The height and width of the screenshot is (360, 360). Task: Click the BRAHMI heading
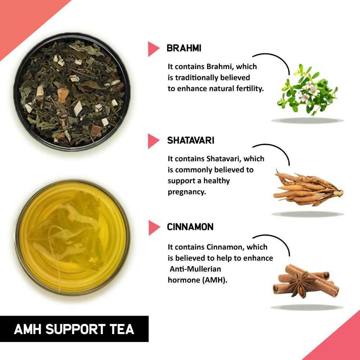pos(184,49)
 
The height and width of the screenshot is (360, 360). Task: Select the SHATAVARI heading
pos(190,140)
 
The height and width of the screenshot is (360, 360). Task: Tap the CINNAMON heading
pos(190,227)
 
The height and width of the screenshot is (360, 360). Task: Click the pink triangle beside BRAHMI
pos(153,49)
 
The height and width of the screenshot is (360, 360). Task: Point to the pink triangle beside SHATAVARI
pos(153,141)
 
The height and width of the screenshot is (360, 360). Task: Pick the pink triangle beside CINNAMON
pos(153,227)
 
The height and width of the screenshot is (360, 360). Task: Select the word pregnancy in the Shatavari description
pos(186,192)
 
